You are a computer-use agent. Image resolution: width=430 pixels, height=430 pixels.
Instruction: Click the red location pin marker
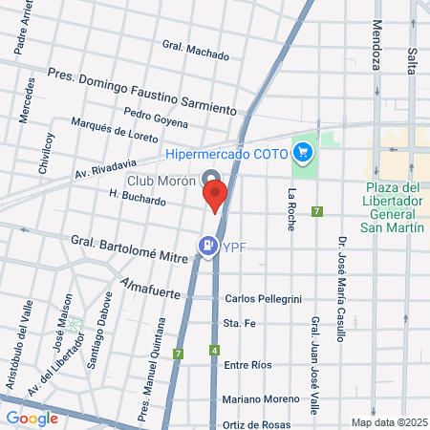[215, 196]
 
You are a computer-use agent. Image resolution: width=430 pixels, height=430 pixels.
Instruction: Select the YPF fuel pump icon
[206, 247]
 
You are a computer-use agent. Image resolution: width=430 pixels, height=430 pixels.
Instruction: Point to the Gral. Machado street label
[196, 49]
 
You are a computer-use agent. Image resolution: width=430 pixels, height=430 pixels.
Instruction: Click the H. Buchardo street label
[138, 200]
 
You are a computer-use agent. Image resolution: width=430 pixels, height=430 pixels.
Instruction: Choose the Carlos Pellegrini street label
[261, 299]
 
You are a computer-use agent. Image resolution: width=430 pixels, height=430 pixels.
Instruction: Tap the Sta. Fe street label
[237, 325]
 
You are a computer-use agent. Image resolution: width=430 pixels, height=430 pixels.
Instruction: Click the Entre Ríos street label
[247, 365]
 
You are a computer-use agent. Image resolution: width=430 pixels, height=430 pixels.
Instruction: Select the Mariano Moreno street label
[260, 398]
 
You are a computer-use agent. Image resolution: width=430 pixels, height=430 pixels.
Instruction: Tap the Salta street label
[412, 47]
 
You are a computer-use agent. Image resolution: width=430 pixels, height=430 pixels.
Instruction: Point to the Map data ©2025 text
[388, 422]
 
